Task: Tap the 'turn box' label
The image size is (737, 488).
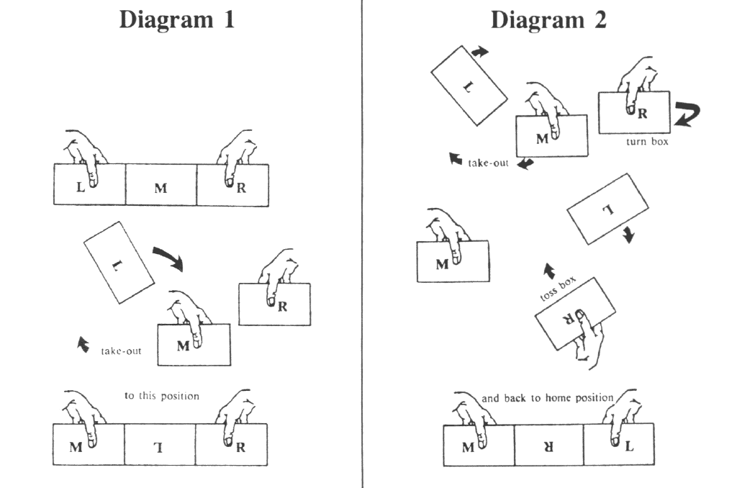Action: tap(648, 142)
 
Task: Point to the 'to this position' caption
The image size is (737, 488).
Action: tap(162, 395)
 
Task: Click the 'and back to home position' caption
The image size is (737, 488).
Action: tap(548, 397)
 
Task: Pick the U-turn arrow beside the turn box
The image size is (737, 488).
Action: tap(687, 114)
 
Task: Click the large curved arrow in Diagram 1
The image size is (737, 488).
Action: tap(170, 257)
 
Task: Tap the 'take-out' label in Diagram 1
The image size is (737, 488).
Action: tap(120, 351)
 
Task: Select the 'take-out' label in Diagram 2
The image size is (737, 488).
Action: tap(489, 163)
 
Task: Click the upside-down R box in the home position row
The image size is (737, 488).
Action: tap(548, 446)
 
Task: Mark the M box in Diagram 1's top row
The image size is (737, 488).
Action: tap(160, 186)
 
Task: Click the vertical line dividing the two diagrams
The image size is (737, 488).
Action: tap(361, 245)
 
